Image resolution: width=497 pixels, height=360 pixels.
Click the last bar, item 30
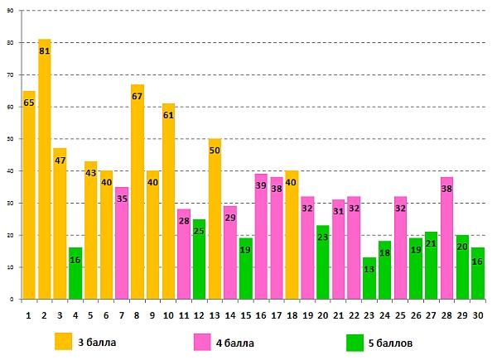click(x=478, y=273)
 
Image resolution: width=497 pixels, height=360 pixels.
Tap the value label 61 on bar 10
click(x=168, y=116)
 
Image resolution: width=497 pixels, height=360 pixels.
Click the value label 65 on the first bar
click(x=29, y=103)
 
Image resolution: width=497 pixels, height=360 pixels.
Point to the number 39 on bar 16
click(x=261, y=186)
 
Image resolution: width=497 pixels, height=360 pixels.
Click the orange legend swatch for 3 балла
click(x=64, y=341)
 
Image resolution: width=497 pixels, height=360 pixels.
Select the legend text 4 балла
click(x=234, y=343)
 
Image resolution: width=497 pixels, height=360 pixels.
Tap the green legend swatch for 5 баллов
click(x=355, y=341)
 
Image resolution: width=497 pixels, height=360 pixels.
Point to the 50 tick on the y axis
click(x=12, y=139)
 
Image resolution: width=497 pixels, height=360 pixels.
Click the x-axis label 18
click(x=292, y=314)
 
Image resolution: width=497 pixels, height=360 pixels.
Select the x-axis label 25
click(x=401, y=314)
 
